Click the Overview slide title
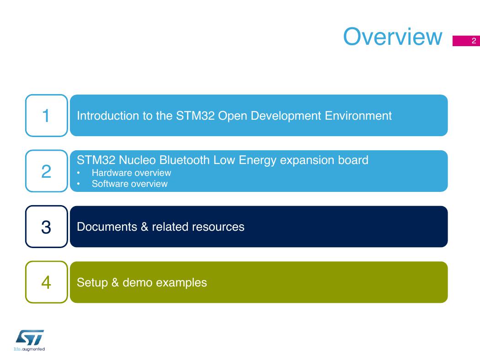pos(393,37)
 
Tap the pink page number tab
pos(466,41)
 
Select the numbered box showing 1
pos(47,116)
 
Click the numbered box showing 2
pos(47,171)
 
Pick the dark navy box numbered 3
pos(47,227)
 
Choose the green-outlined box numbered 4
pos(47,282)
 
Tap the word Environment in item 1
pos(358,116)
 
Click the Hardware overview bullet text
pos(131,173)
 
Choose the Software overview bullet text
pos(129,184)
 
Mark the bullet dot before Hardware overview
pos(78,173)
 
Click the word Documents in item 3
pos(107,227)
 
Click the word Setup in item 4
pos(92,283)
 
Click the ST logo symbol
pos(30,337)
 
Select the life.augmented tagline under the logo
pos(29,349)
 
